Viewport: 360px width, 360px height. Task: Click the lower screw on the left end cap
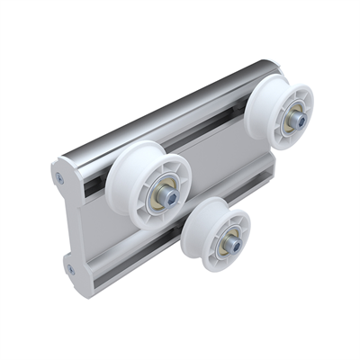pos(68,266)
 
